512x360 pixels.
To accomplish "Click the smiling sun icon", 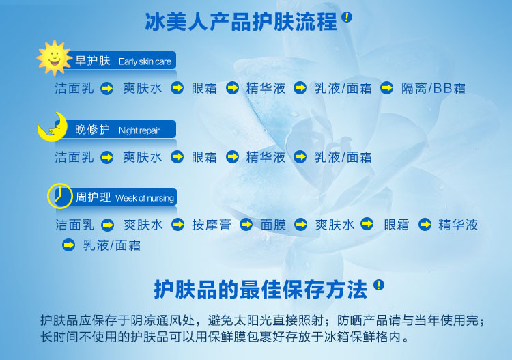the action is click(x=54, y=58).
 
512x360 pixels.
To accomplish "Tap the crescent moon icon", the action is click(x=53, y=128).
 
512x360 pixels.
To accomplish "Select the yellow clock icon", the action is click(x=60, y=196).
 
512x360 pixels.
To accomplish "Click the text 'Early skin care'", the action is click(x=145, y=61).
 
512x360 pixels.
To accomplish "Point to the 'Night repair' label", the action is click(x=139, y=130).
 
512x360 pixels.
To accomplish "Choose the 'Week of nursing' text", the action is click(x=145, y=198).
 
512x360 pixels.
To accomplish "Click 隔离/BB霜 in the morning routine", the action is click(x=433, y=88).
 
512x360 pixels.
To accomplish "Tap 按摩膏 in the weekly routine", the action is click(x=212, y=225).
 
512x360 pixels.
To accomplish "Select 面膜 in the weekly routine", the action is click(x=273, y=225).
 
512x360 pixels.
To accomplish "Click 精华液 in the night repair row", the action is click(x=266, y=157).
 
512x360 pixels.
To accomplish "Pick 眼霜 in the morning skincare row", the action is click(x=204, y=88).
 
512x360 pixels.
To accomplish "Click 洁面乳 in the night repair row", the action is click(x=74, y=157).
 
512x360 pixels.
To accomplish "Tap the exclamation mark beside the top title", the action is click(x=347, y=17).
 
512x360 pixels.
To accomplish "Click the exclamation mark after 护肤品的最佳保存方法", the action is click(x=379, y=285).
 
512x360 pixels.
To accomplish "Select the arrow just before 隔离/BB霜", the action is click(x=387, y=87).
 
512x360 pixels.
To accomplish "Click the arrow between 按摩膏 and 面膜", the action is click(x=246, y=225).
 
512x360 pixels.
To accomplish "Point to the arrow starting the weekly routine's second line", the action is click(x=68, y=245).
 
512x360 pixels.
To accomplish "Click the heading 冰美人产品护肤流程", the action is click(x=241, y=22).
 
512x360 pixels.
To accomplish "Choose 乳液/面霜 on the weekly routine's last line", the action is click(x=112, y=245).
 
